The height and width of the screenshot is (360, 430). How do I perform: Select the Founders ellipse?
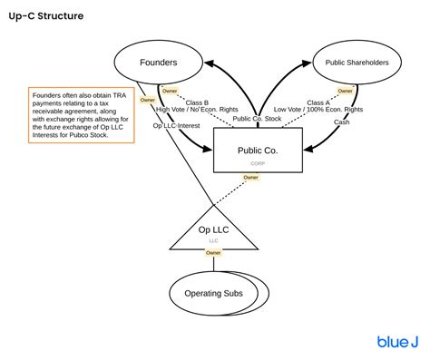click(x=160, y=63)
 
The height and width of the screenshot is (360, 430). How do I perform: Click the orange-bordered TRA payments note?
click(x=80, y=115)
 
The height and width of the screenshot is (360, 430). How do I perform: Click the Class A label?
click(x=318, y=102)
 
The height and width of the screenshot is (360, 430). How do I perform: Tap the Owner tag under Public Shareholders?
click(x=345, y=92)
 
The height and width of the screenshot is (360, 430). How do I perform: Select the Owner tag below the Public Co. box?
click(x=250, y=178)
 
